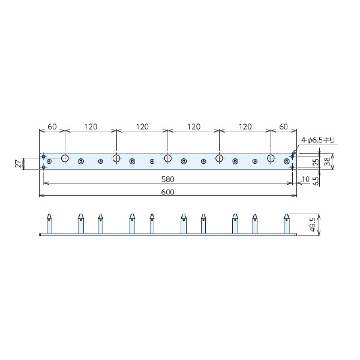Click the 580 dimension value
click(168, 179)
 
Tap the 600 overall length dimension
click(168, 192)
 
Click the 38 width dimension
click(328, 161)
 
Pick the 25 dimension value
click(316, 161)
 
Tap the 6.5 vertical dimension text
click(316, 181)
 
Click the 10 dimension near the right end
click(306, 179)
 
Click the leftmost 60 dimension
click(52, 127)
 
